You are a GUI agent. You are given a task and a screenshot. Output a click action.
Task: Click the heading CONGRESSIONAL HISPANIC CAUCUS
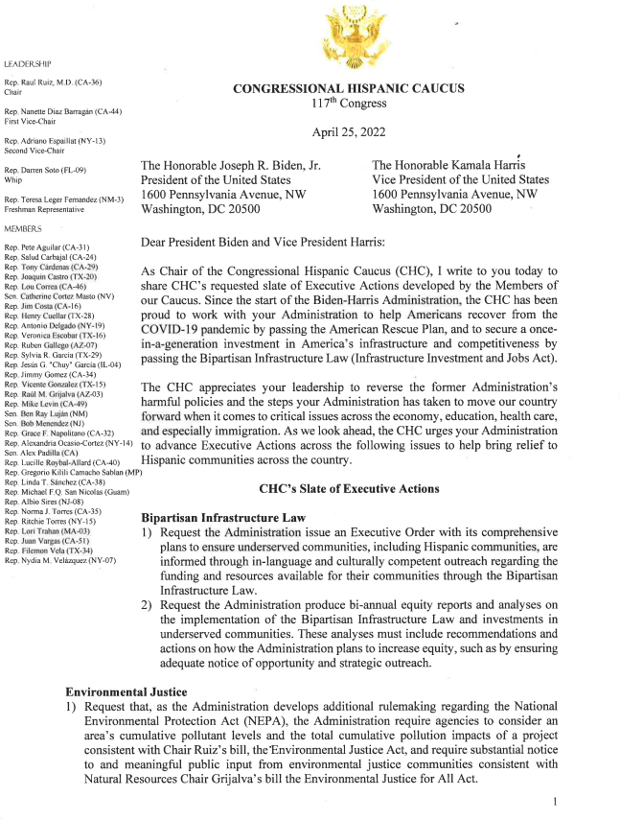[x=349, y=88]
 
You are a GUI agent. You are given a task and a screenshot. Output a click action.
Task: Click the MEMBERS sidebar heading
[x=25, y=229]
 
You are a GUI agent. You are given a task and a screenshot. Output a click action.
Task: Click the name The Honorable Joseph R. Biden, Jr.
[x=230, y=166]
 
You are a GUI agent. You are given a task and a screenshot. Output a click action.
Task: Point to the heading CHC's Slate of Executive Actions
[x=349, y=488]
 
